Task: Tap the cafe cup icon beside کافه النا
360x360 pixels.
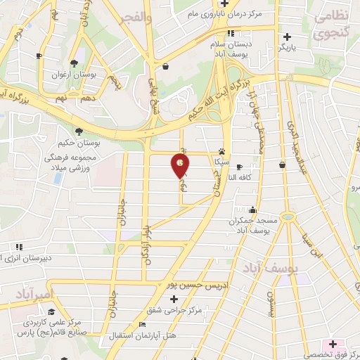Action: [239, 167]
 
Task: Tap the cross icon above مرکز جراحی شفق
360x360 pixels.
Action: [174, 299]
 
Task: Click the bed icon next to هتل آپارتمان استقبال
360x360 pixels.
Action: [143, 325]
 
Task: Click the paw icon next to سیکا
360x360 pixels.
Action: [222, 151]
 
